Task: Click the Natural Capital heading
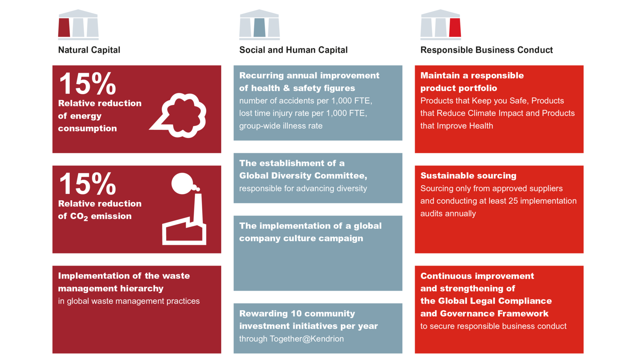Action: (89, 50)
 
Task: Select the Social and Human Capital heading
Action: (293, 50)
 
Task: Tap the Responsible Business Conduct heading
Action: (486, 50)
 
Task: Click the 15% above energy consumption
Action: (88, 83)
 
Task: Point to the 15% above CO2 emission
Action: (88, 183)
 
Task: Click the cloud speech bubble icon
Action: (178, 116)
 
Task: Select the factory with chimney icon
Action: (184, 209)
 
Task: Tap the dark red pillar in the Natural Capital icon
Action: (64, 28)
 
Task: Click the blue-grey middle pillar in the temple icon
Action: (259, 28)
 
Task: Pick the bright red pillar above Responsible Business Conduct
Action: (455, 28)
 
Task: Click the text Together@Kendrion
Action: (306, 339)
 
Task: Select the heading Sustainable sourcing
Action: (468, 176)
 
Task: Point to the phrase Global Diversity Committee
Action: (303, 176)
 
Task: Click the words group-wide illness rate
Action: (281, 126)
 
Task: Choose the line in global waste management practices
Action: (129, 301)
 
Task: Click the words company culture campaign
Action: (301, 238)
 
